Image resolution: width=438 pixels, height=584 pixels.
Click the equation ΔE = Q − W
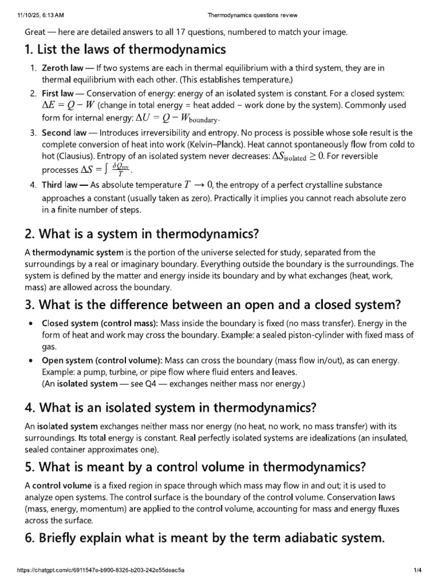pyautogui.click(x=68, y=105)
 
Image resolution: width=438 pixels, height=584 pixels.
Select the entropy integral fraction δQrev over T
pyautogui.click(x=119, y=169)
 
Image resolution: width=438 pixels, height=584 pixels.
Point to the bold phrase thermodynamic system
pyautogui.click(x=69, y=252)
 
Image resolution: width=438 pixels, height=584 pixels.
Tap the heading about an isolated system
pyautogui.click(x=170, y=408)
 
